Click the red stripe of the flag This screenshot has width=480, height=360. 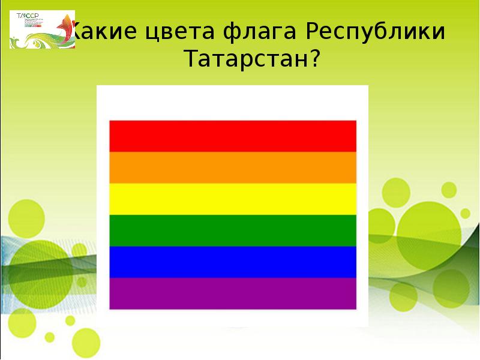click(x=233, y=136)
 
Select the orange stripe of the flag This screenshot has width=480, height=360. click(x=233, y=167)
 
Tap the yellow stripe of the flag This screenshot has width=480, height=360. click(x=233, y=199)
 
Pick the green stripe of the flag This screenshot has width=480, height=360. click(x=233, y=230)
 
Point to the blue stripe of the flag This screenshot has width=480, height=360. click(x=233, y=262)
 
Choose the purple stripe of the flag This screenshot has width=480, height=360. click(x=233, y=293)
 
